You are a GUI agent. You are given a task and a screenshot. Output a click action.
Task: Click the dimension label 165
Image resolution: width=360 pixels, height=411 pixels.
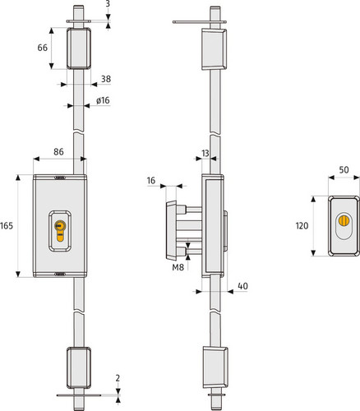pyautogui.click(x=7, y=226)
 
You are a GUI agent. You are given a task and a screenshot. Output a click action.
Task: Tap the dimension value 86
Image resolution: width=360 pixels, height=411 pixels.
pyautogui.click(x=58, y=152)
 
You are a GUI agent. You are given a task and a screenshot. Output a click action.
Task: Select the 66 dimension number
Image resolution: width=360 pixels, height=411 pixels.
pyautogui.click(x=43, y=48)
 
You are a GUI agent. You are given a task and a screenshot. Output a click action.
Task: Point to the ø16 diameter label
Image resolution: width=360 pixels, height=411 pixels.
pyautogui.click(x=103, y=100)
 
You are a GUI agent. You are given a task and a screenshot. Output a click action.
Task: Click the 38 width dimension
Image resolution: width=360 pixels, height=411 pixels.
pyautogui.click(x=106, y=79)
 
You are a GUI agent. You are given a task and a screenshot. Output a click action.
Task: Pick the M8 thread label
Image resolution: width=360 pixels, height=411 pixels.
pyautogui.click(x=178, y=267)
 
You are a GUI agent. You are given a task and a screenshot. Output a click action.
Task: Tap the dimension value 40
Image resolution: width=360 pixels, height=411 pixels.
pyautogui.click(x=242, y=286)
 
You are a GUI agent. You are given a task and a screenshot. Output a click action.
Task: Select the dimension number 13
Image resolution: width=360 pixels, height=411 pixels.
pyautogui.click(x=205, y=153)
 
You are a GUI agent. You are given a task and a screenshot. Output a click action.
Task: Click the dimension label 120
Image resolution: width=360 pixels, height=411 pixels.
pyautogui.click(x=302, y=226)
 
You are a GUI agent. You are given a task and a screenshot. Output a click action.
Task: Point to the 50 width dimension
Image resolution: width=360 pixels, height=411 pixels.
pyautogui.click(x=344, y=170)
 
